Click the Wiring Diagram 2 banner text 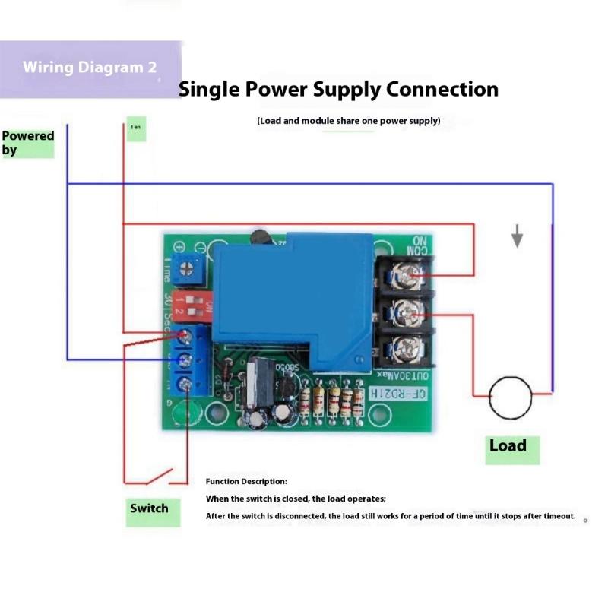point(90,67)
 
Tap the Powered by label point(28,143)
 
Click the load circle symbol point(509,397)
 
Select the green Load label point(508,446)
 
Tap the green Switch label point(149,508)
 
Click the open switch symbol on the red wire point(158,478)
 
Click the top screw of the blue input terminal point(185,335)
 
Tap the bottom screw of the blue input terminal point(185,385)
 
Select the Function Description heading point(246,482)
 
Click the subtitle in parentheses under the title point(349,121)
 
